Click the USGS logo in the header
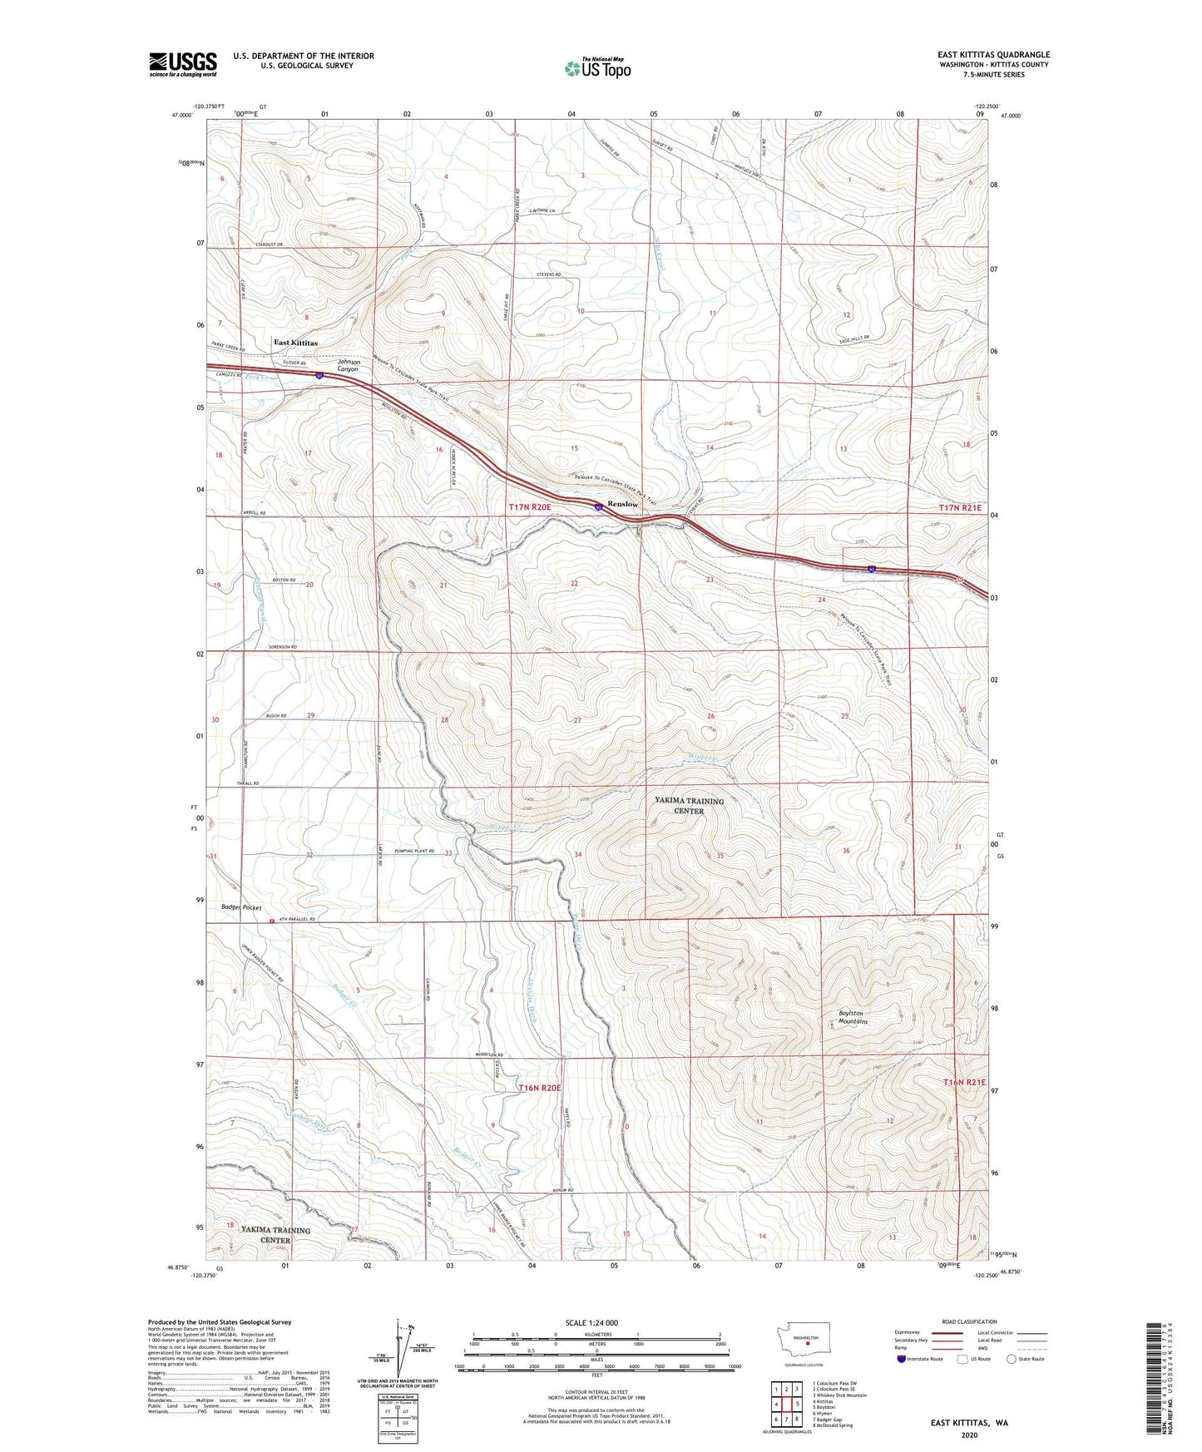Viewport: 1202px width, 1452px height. (183, 64)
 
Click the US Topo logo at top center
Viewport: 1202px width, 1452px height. (597, 68)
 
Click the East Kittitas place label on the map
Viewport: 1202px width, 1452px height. (295, 343)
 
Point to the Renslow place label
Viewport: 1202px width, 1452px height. (623, 504)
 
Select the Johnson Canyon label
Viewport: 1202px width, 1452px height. (348, 366)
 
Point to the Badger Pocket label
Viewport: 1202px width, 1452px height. (241, 907)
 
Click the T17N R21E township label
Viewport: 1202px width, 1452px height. (960, 508)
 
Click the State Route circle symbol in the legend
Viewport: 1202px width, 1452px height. (1012, 1359)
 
